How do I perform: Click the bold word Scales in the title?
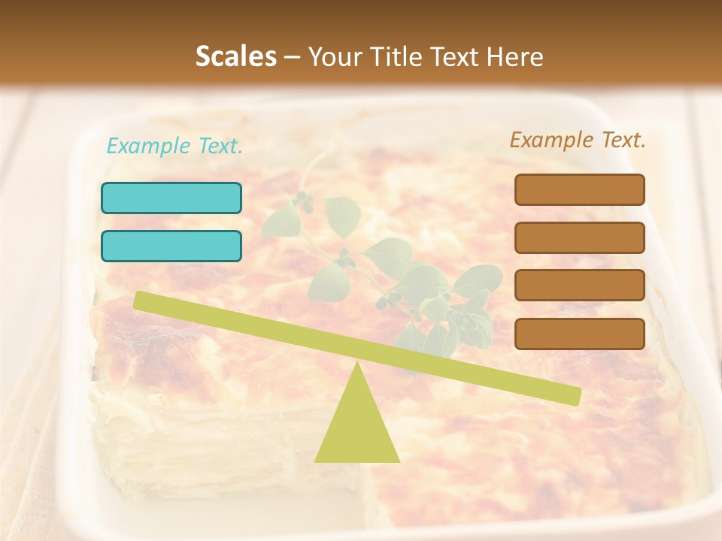tap(235, 57)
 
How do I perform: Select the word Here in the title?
tap(515, 57)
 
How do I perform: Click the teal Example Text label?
tap(174, 147)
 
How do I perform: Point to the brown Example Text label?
tap(578, 140)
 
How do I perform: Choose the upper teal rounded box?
tap(171, 198)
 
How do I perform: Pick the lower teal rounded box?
tap(171, 246)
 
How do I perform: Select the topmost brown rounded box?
tap(579, 189)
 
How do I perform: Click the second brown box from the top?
tap(579, 237)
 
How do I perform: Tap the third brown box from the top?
tap(579, 285)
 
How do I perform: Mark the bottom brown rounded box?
tap(579, 334)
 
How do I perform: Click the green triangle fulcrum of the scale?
tap(356, 425)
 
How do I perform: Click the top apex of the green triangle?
tap(356, 364)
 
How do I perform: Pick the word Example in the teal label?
tap(150, 147)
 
